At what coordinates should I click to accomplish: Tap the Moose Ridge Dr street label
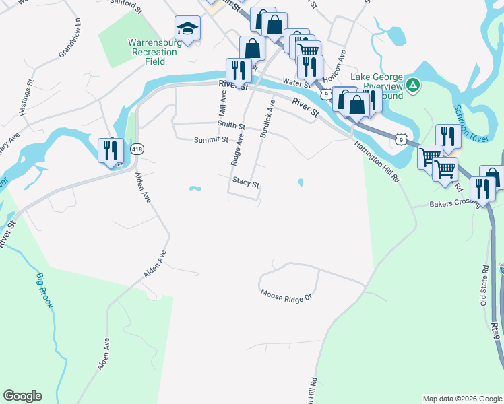tap(287, 294)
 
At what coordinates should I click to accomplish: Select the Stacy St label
tap(246, 181)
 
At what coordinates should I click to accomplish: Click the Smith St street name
tap(231, 125)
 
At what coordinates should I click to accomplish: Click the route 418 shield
tap(137, 149)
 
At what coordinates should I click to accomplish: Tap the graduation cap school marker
tap(188, 29)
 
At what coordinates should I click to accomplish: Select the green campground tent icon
tap(414, 85)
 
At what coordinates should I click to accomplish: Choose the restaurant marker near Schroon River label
tap(448, 136)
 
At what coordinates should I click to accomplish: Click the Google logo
tap(22, 396)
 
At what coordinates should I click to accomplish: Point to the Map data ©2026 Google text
tap(462, 399)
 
